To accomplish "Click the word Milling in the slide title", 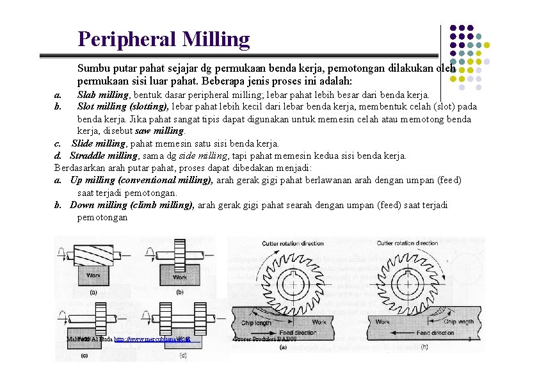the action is [216, 40].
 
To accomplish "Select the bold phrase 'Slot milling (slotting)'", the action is [123, 106].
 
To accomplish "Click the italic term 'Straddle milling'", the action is [104, 156].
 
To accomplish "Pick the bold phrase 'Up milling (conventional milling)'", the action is [141, 180].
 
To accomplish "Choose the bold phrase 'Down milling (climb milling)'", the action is [132, 205].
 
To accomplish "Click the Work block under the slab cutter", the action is [93, 276].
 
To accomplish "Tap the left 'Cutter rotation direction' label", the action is [293, 243].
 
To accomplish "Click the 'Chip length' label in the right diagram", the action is [441, 323].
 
